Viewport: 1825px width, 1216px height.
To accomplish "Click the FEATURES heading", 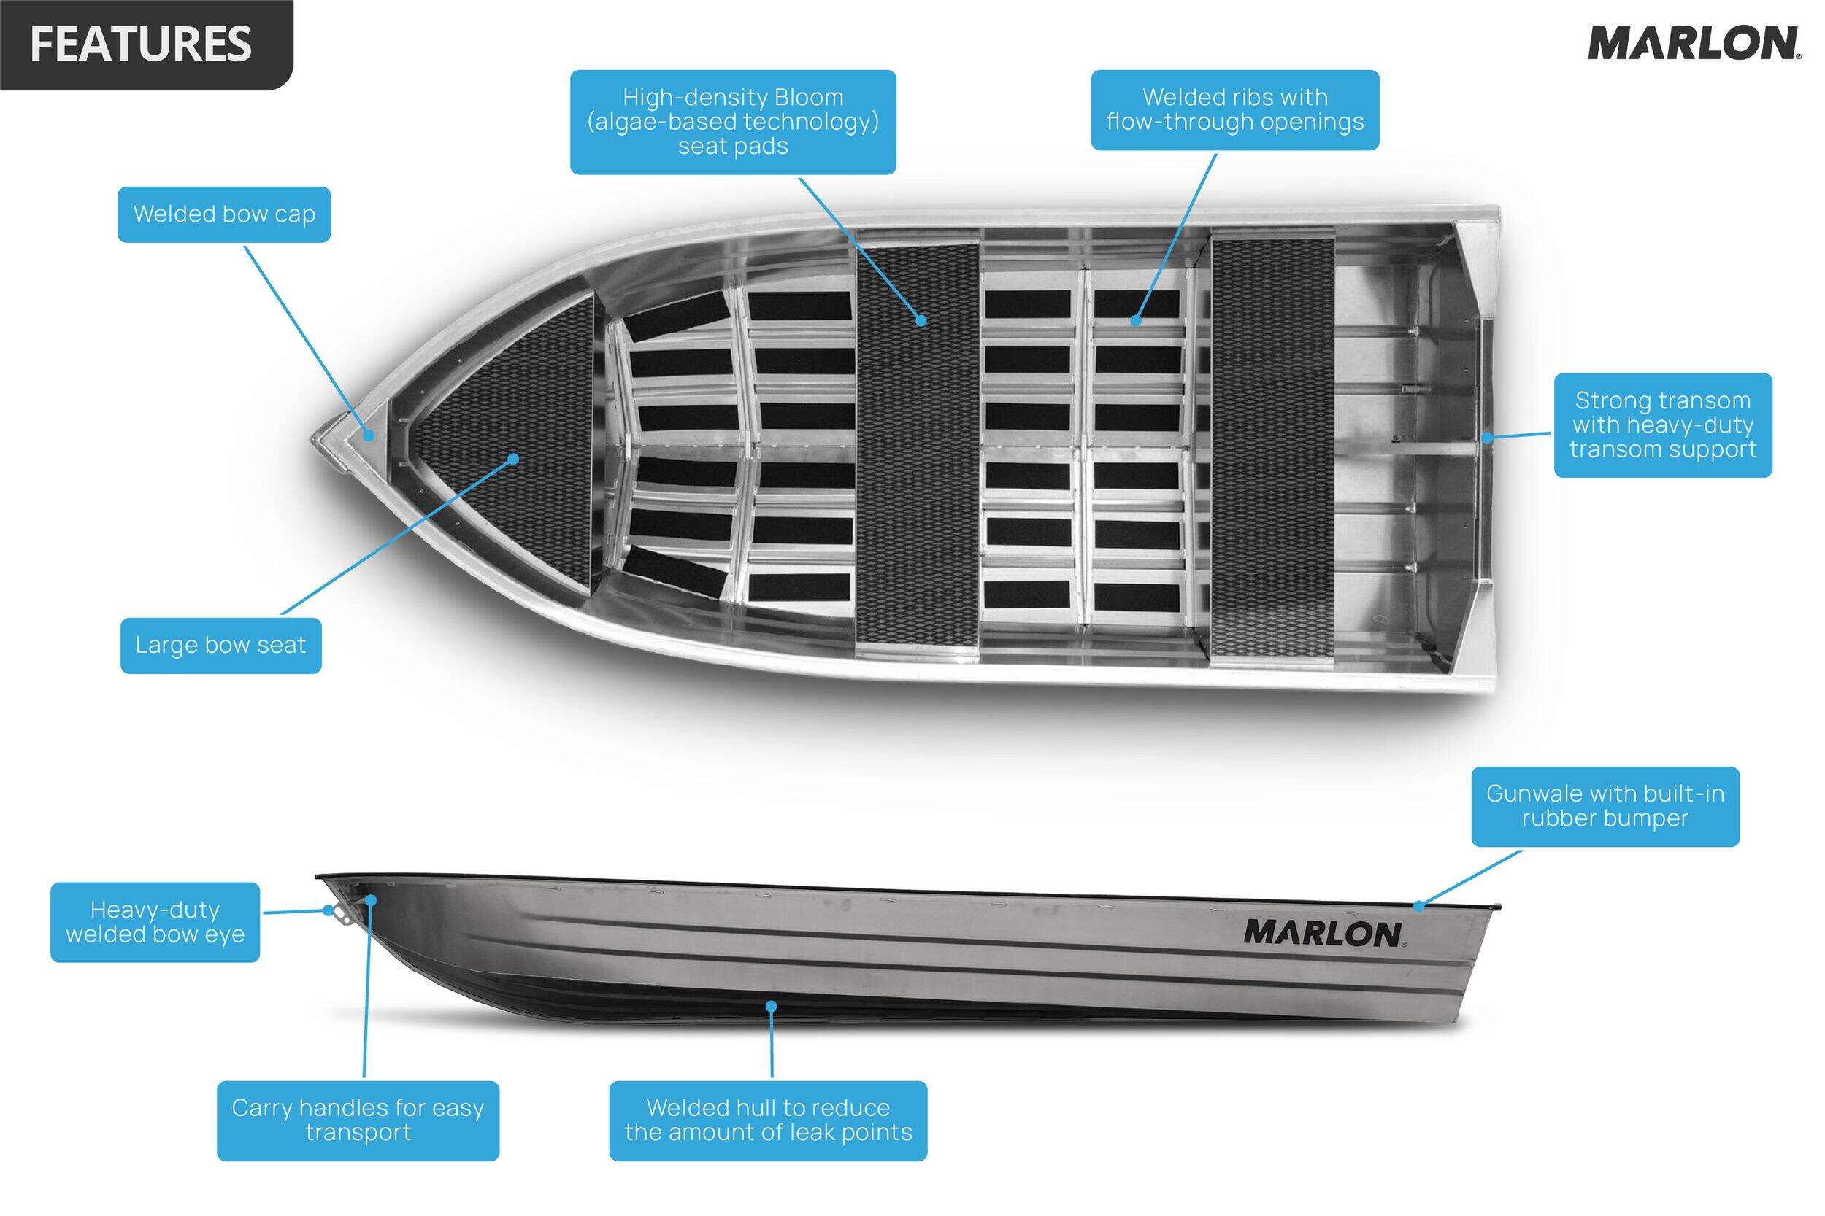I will [x=141, y=44].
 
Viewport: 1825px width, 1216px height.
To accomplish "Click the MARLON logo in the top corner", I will [x=1693, y=44].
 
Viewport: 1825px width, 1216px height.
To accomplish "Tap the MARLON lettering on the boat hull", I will [x=1322, y=934].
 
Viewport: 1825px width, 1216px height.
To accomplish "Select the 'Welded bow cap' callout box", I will [x=224, y=214].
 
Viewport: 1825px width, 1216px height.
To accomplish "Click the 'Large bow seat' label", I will [x=221, y=646].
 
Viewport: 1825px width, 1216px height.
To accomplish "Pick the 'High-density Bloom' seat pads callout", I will [x=732, y=122].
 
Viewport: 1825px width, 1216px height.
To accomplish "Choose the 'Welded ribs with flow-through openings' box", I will [x=1234, y=109].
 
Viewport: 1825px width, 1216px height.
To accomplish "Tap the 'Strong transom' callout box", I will [x=1663, y=425].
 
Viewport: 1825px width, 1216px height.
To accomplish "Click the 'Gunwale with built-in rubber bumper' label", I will [x=1605, y=807].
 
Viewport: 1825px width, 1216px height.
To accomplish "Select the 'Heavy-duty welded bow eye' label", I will [x=155, y=922].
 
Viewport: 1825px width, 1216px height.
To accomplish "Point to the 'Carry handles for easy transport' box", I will [x=358, y=1120].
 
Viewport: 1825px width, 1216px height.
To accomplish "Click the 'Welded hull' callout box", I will [x=768, y=1120].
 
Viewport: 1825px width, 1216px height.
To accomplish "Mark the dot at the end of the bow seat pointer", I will [x=513, y=459].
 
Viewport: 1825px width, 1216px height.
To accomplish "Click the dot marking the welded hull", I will [x=772, y=1006].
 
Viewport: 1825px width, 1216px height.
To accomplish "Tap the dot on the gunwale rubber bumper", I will [x=1418, y=906].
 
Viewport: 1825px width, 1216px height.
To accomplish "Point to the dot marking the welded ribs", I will [x=1136, y=320].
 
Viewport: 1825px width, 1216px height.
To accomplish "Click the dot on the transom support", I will [x=1488, y=438].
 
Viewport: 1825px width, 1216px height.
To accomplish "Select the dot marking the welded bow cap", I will [x=370, y=435].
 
